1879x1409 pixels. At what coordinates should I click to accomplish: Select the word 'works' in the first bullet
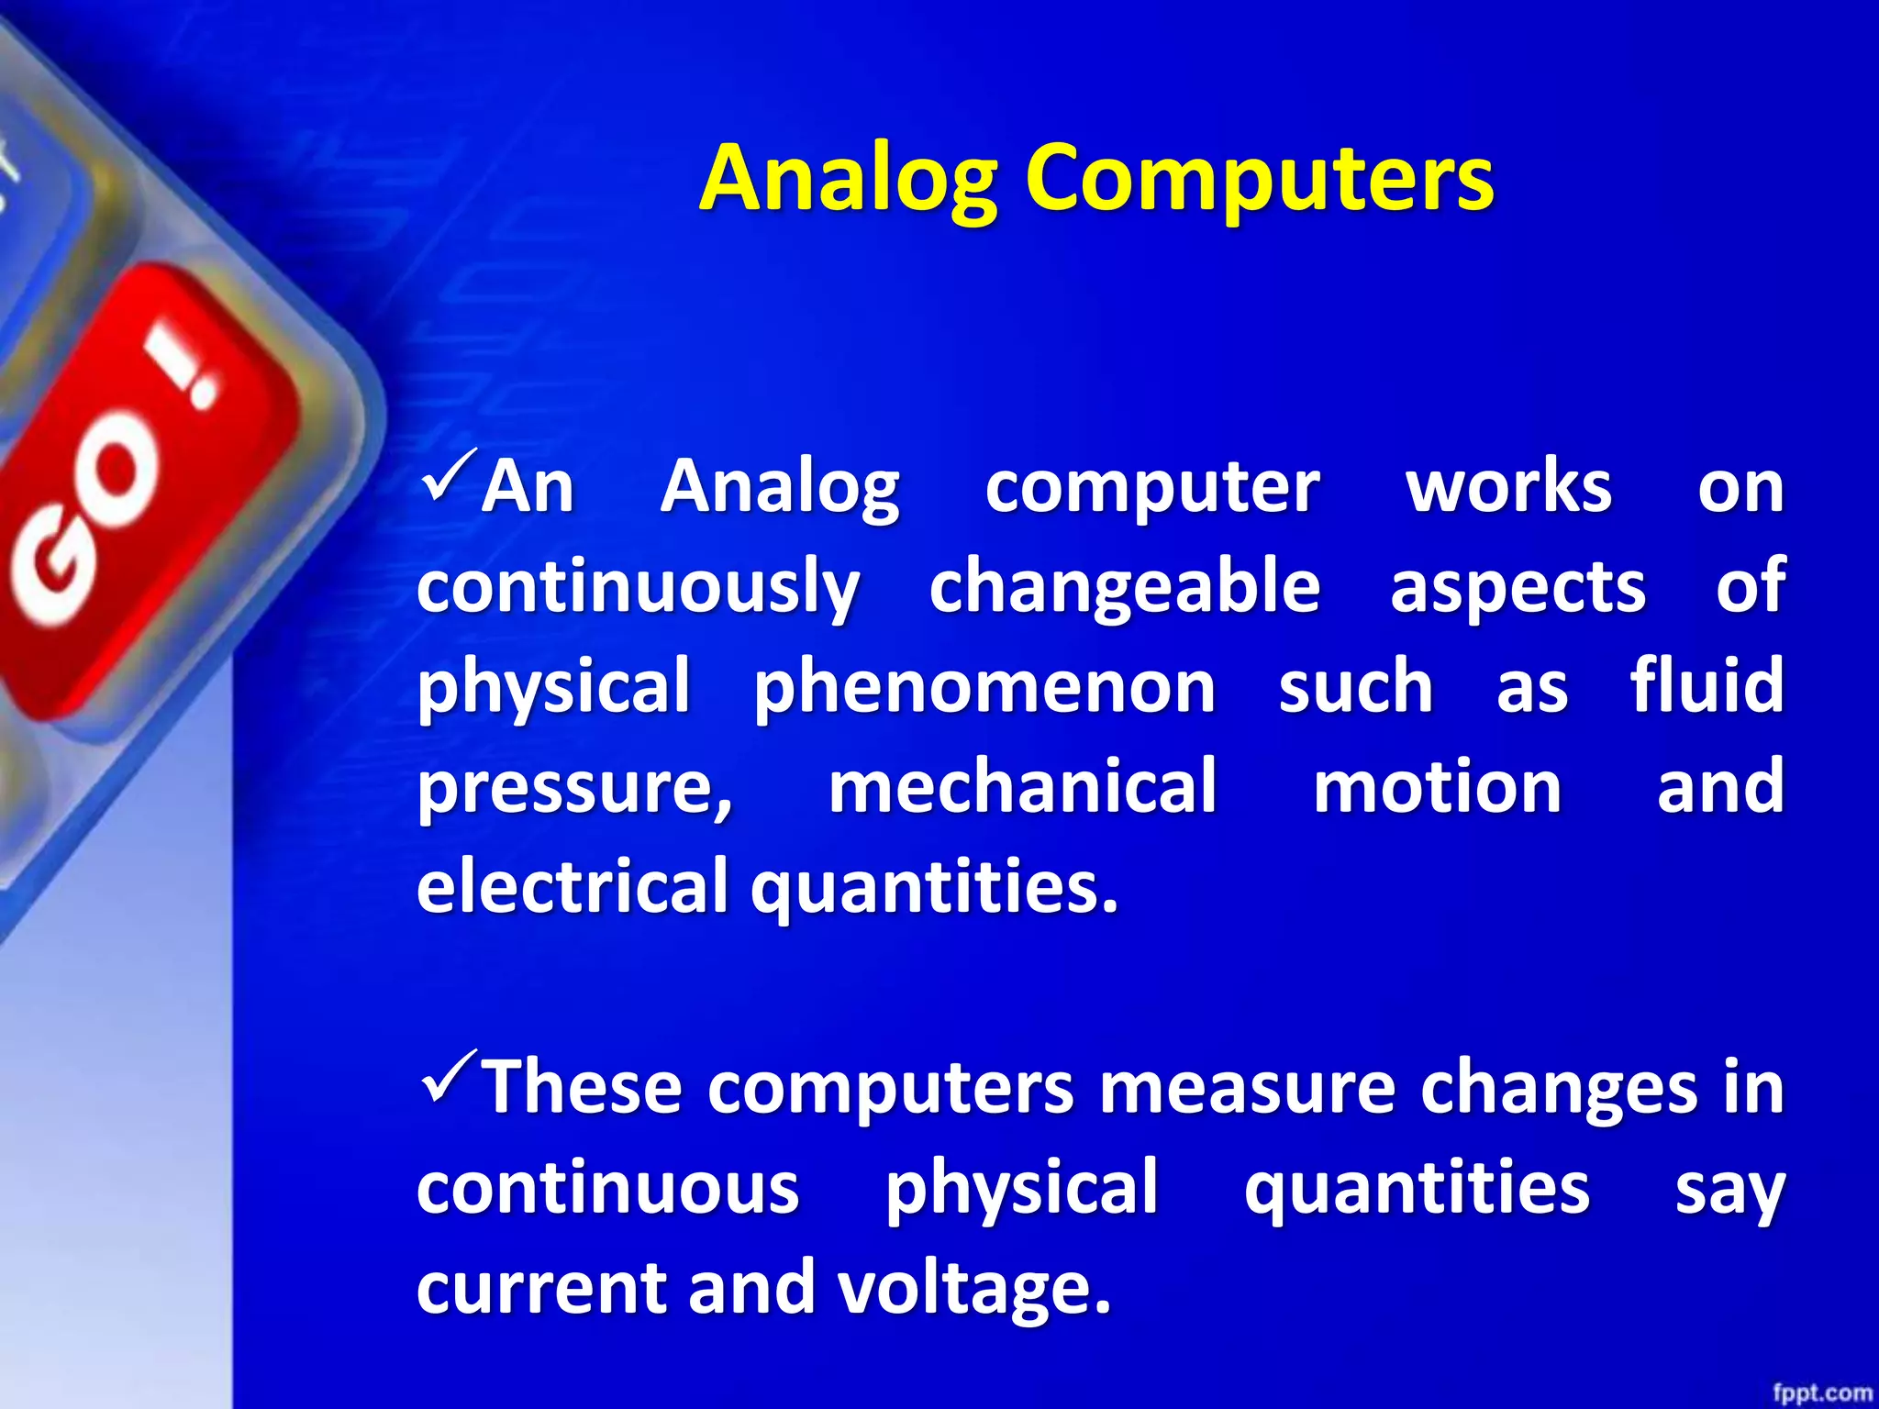point(1508,487)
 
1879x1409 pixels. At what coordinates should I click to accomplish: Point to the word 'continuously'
point(639,588)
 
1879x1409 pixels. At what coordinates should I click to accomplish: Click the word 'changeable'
point(1125,588)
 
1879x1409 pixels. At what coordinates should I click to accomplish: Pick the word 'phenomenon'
point(984,688)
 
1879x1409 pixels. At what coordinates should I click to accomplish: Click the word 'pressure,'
point(575,789)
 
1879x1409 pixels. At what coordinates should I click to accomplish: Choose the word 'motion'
point(1437,789)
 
